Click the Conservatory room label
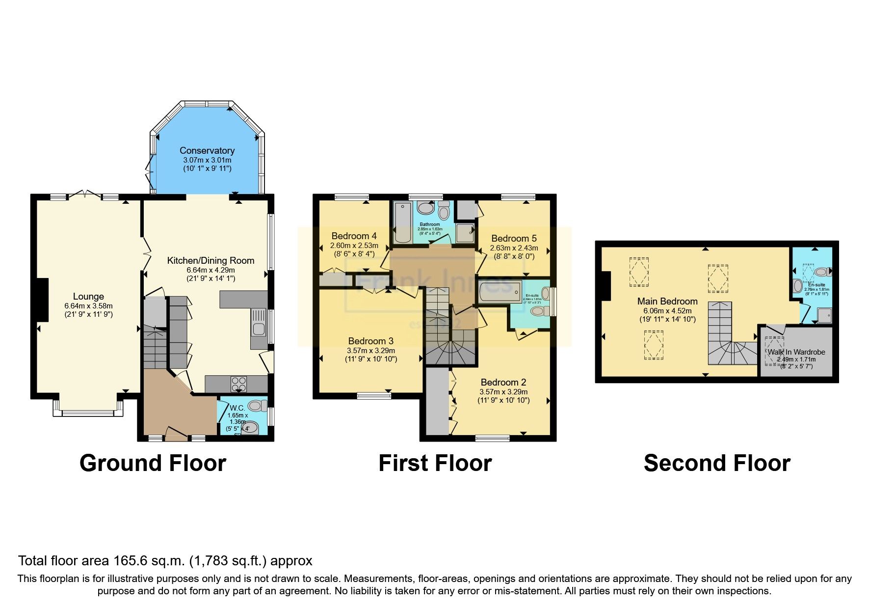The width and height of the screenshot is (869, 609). (207, 151)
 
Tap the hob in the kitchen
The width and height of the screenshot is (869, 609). (239, 384)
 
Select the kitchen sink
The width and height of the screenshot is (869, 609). (259, 323)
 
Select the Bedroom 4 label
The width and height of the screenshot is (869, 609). (354, 236)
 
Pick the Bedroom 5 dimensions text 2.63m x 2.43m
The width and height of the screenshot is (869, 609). (514, 248)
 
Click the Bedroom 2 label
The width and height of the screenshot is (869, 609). (503, 382)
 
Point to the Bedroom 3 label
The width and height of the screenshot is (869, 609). (370, 341)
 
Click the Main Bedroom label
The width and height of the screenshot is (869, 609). (667, 301)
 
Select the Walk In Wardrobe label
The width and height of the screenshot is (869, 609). (796, 352)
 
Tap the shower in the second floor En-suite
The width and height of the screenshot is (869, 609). (824, 315)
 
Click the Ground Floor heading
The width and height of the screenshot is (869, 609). (153, 463)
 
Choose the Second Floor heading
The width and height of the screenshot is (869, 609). (716, 463)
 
